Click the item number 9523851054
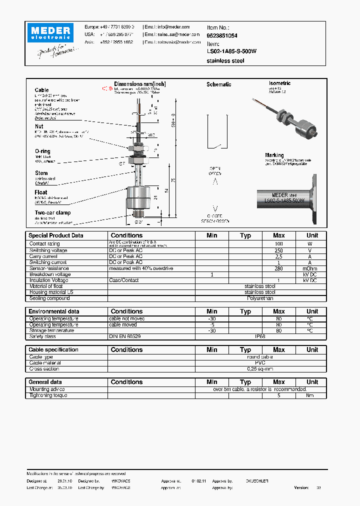[222, 36]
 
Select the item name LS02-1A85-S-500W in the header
[231, 51]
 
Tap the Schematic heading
[218, 84]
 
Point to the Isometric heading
[279, 83]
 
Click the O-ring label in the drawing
[42, 151]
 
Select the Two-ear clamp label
[52, 212]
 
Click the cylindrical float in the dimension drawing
[137, 196]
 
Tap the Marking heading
[274, 155]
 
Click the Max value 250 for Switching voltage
[278, 250]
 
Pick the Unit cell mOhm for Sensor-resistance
[312, 268]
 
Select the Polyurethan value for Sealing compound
[260, 298]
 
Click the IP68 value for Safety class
[260, 336]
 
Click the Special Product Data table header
[56, 235]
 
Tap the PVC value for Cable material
[260, 363]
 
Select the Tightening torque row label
[48, 395]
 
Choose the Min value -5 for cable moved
[212, 324]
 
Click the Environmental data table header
[53, 311]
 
